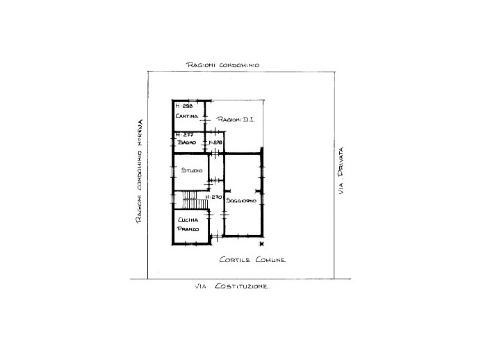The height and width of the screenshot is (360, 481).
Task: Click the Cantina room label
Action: (x=186, y=116)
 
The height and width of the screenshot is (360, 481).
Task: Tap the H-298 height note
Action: (x=184, y=106)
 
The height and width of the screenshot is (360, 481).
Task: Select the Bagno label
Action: (x=186, y=142)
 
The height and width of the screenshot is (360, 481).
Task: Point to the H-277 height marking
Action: (x=183, y=135)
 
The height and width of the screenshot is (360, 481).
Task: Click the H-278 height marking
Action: (x=215, y=143)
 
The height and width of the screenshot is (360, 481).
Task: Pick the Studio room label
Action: (x=192, y=170)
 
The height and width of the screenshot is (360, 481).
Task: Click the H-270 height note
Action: (x=214, y=197)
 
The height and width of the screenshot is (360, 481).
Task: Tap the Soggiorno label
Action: (x=242, y=201)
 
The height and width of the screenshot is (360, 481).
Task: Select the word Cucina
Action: (x=188, y=220)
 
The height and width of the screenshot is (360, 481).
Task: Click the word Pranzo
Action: (x=188, y=229)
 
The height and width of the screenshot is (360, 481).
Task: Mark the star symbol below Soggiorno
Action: (x=261, y=244)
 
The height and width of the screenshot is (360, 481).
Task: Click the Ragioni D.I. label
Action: (x=236, y=120)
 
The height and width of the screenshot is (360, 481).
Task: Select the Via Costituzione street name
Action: (x=231, y=286)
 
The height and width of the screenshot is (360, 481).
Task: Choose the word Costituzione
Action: (x=241, y=286)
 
